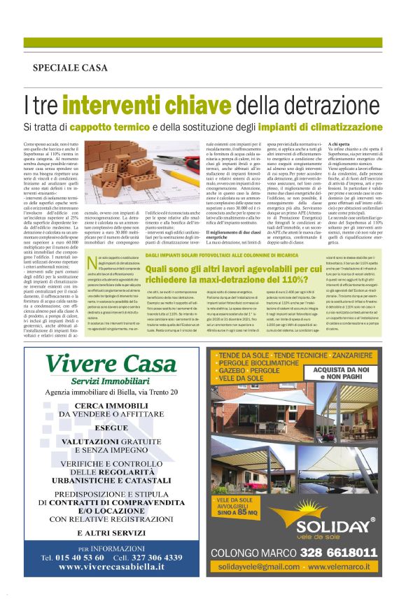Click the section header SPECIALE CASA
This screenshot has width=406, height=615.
tap(70, 68)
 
